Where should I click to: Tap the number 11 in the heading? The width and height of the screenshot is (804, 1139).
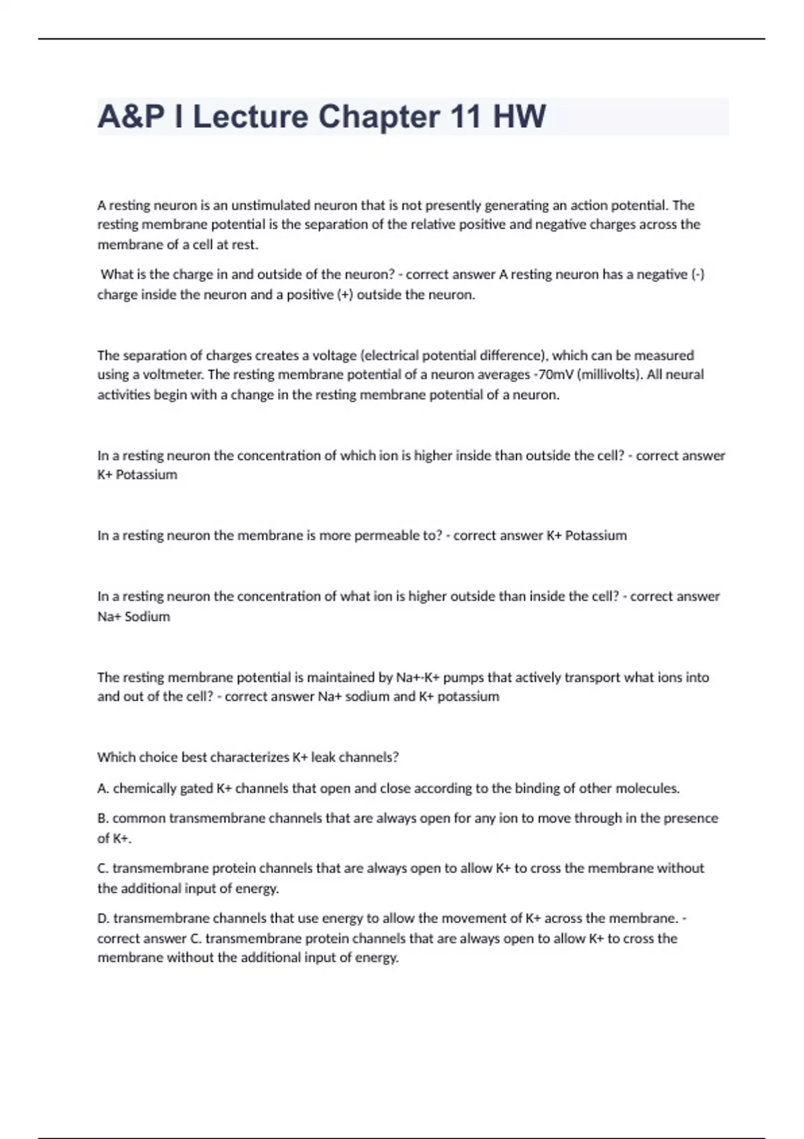[x=467, y=117]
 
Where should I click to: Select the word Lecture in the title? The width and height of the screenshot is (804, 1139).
[x=251, y=117]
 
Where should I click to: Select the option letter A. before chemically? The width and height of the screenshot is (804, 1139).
[x=103, y=789]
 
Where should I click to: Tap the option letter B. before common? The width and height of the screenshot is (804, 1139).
[x=103, y=818]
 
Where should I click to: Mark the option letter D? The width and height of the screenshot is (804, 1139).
[x=103, y=919]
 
